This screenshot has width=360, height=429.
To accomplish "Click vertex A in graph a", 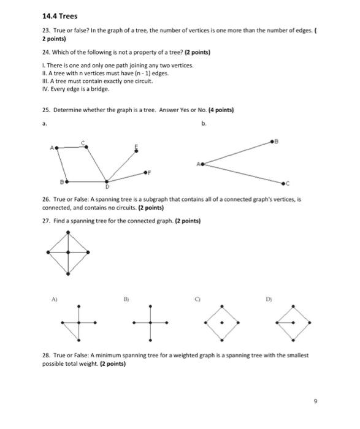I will [x=56, y=148].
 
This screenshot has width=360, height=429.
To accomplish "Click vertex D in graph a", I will [x=107, y=181].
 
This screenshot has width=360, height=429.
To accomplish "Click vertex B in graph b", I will [x=274, y=141].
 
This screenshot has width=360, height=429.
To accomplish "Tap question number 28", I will [x=47, y=355].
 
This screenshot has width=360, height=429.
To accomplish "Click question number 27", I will [x=47, y=221].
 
